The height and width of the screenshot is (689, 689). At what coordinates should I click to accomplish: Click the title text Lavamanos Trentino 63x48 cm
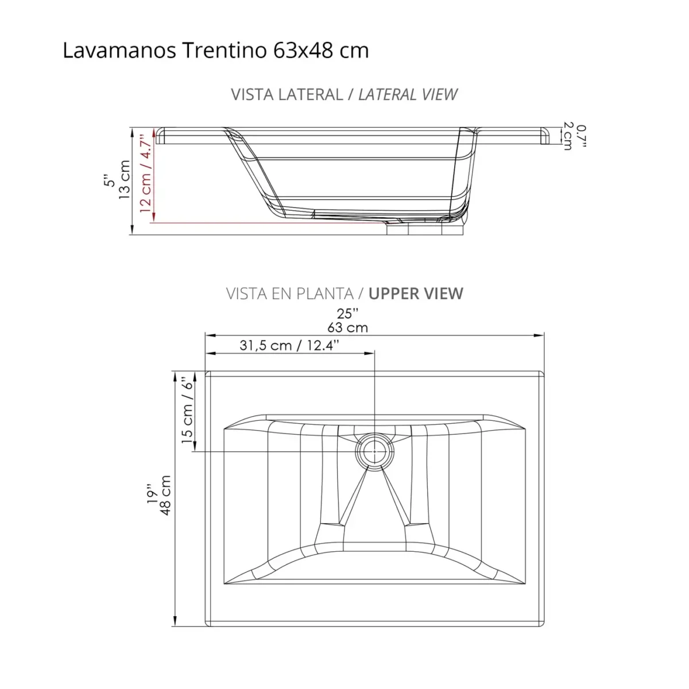point(215,51)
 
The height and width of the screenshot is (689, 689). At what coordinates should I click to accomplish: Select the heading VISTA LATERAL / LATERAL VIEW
point(344,94)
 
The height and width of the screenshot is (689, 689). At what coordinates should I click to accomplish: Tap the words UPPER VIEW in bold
point(416,293)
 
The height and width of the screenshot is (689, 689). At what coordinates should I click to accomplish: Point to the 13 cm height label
point(125,180)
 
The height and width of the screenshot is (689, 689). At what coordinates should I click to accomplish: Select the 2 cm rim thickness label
point(568,136)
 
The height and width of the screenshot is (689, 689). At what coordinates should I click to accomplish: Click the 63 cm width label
point(347,328)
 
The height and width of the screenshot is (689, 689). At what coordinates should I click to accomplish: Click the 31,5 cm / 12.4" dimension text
point(289,345)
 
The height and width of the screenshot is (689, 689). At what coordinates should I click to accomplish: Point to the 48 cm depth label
point(166,495)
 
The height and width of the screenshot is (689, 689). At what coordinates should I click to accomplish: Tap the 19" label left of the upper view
point(151,495)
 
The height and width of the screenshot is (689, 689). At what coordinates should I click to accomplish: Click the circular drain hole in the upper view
point(374,451)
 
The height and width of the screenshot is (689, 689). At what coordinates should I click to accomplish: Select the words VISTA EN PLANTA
point(289,293)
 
